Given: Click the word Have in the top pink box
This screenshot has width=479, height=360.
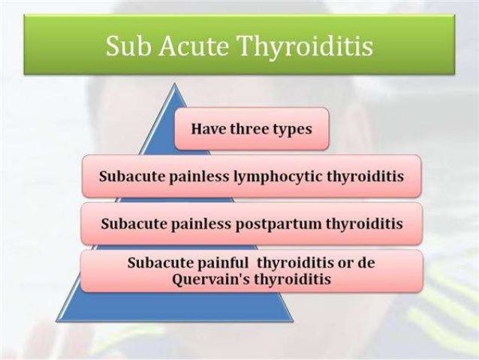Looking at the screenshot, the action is click(209, 129).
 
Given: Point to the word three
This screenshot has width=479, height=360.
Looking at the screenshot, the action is click(249, 129).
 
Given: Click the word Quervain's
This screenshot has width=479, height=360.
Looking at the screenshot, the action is click(212, 280).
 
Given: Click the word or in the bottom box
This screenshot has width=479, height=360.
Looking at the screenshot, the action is click(345, 264).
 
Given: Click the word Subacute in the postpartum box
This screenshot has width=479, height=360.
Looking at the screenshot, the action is click(134, 223).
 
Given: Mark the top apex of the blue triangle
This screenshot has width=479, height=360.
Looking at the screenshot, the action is click(175, 83).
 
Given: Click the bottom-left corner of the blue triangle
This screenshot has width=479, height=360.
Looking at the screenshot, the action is click(56, 321).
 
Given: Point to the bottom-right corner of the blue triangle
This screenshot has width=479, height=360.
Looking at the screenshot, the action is click(294, 321).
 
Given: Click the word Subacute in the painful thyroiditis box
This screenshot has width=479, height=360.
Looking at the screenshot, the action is click(161, 263).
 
